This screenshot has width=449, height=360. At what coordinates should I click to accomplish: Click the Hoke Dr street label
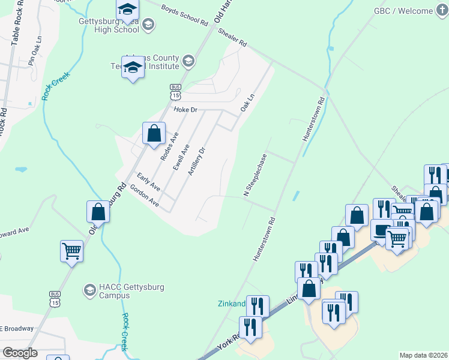click(x=185, y=110)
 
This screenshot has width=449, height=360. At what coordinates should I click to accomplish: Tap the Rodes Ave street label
click(x=170, y=146)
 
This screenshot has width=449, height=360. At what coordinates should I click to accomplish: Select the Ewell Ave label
click(x=181, y=157)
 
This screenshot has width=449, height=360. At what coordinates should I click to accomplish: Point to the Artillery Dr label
click(x=197, y=161)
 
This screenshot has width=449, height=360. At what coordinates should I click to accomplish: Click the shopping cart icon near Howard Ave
click(x=71, y=250)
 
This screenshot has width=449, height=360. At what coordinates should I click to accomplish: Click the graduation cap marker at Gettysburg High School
click(x=127, y=10)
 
